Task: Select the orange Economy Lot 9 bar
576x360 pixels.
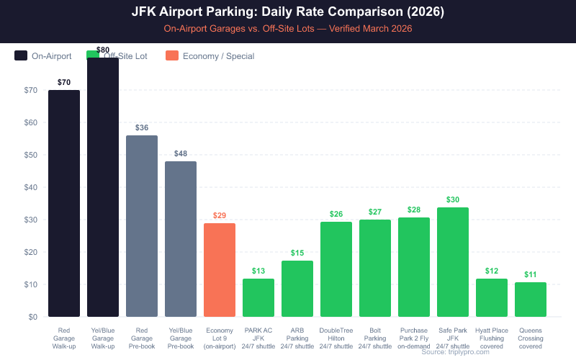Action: click(x=220, y=270)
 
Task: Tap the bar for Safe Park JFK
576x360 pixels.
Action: click(x=453, y=262)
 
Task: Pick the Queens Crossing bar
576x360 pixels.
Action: click(x=531, y=300)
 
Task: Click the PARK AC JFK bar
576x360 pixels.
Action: click(x=258, y=297)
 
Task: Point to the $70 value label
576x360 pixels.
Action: click(x=64, y=82)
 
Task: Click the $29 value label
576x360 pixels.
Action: click(x=220, y=215)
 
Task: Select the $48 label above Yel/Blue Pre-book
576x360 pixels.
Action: click(x=181, y=153)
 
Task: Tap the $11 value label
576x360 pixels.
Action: click(x=531, y=274)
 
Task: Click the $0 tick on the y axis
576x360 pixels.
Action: click(x=32, y=317)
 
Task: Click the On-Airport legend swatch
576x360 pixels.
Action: click(x=21, y=55)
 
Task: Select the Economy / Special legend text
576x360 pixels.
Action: click(x=218, y=55)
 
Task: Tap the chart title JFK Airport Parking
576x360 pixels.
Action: click(x=288, y=12)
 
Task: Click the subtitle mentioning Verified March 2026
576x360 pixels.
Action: click(x=288, y=29)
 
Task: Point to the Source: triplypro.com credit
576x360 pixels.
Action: click(x=455, y=351)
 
